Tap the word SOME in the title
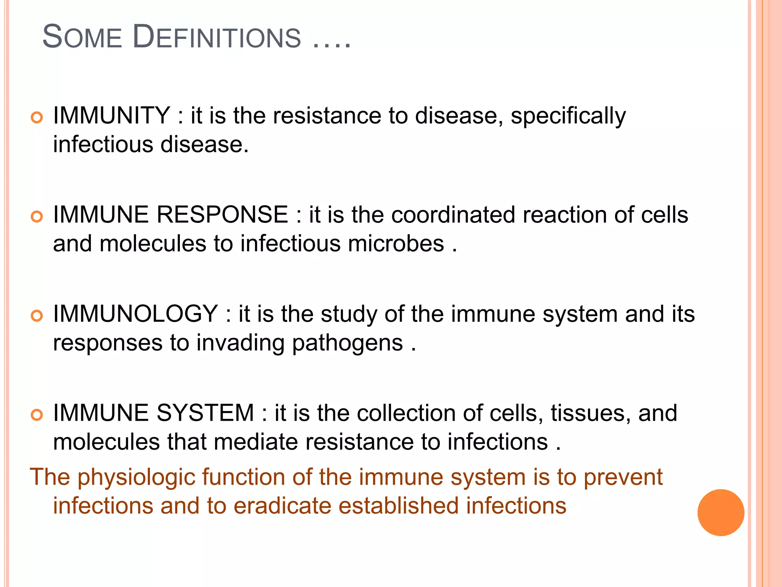[x=82, y=37]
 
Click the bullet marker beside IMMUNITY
[x=37, y=117]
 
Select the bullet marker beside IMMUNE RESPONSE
[x=37, y=217]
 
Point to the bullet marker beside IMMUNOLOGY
[x=37, y=316]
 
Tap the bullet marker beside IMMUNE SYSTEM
[x=37, y=415]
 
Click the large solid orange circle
[x=721, y=512]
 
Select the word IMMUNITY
[x=111, y=115]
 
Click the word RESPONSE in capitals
[x=222, y=214]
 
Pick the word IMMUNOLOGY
[x=136, y=314]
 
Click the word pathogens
[x=347, y=343]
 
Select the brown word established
[x=398, y=506]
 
